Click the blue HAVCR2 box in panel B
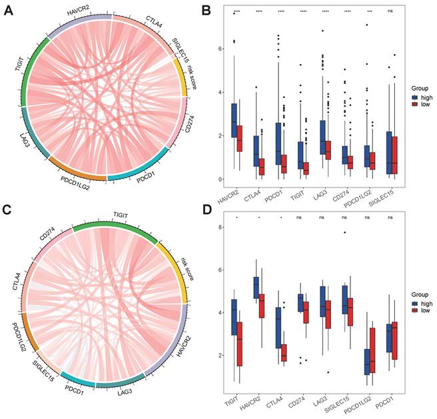pos(233,120)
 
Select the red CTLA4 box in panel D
pos(283,353)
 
